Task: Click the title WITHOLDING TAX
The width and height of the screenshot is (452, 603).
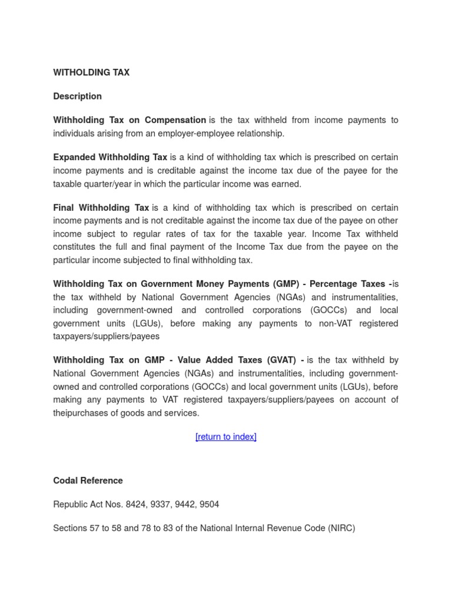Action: [x=91, y=72]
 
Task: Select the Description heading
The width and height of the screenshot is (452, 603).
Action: [x=77, y=96]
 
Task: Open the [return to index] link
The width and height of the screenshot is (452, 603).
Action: [x=226, y=436]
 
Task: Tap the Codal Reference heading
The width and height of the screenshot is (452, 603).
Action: [x=88, y=481]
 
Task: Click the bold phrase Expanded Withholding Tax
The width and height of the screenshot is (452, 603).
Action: [x=110, y=157]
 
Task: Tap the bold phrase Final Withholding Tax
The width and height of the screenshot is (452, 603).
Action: [x=101, y=208]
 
